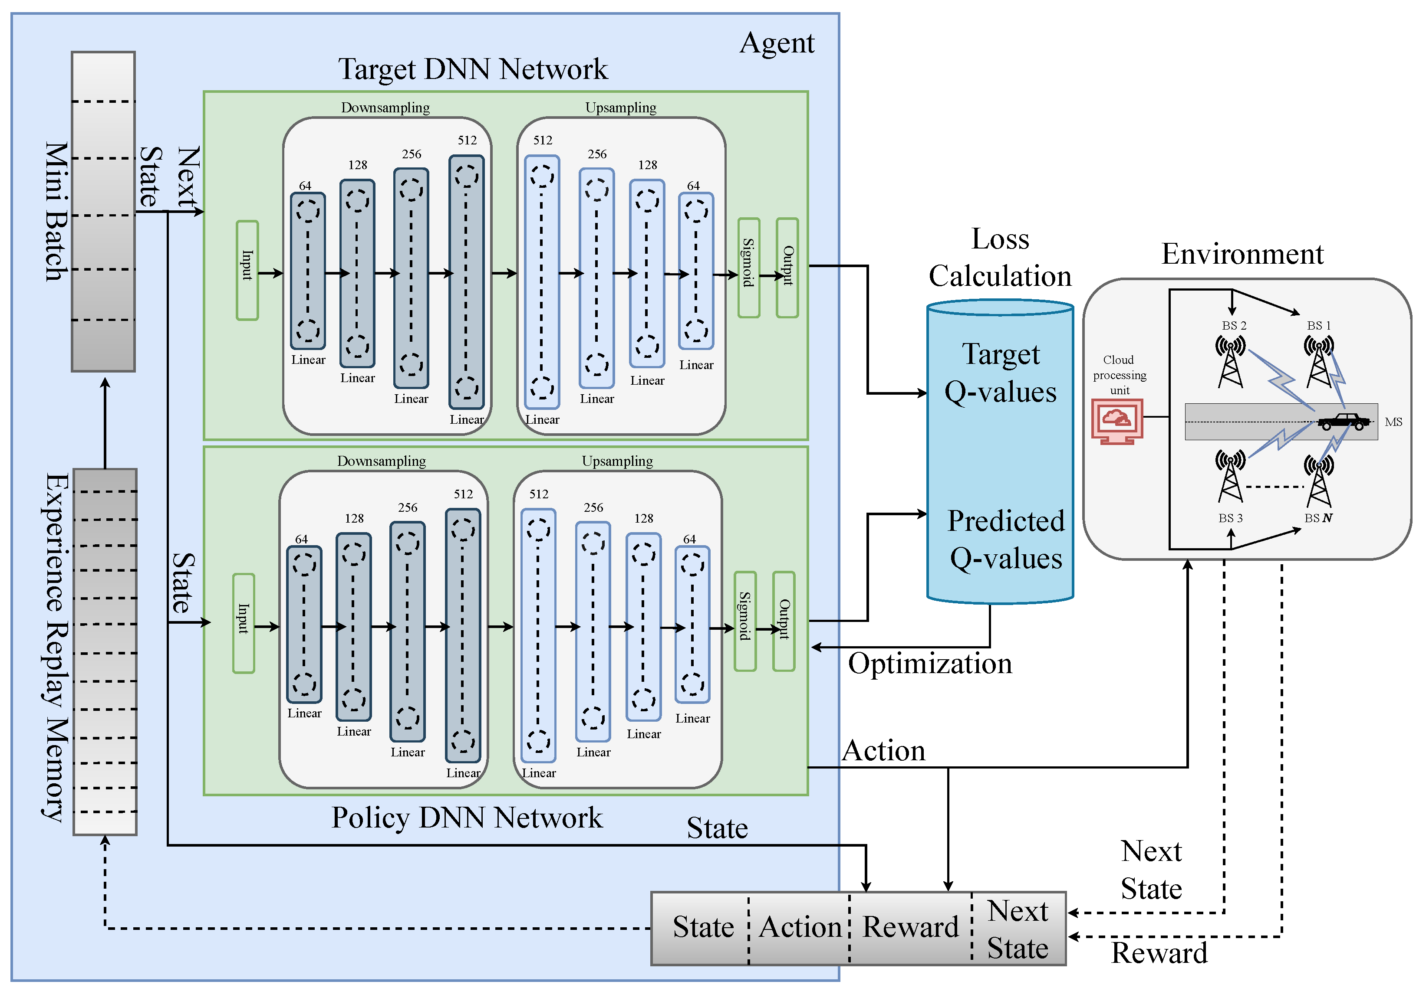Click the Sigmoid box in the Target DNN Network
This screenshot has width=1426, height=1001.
pos(748,268)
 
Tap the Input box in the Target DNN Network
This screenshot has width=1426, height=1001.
pos(247,271)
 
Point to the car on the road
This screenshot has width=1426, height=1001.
pos(1344,422)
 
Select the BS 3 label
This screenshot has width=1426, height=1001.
pos(1230,518)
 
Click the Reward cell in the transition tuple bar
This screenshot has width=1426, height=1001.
pos(910,928)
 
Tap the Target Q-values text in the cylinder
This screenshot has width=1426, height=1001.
pos(1001,373)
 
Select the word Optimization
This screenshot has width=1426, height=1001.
pos(930,664)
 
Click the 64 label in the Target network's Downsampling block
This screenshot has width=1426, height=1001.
pos(305,186)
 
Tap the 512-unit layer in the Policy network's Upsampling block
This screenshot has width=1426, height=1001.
pos(538,636)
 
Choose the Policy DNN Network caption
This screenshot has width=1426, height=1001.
pos(466,818)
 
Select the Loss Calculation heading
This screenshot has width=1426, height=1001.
pos(1000,258)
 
